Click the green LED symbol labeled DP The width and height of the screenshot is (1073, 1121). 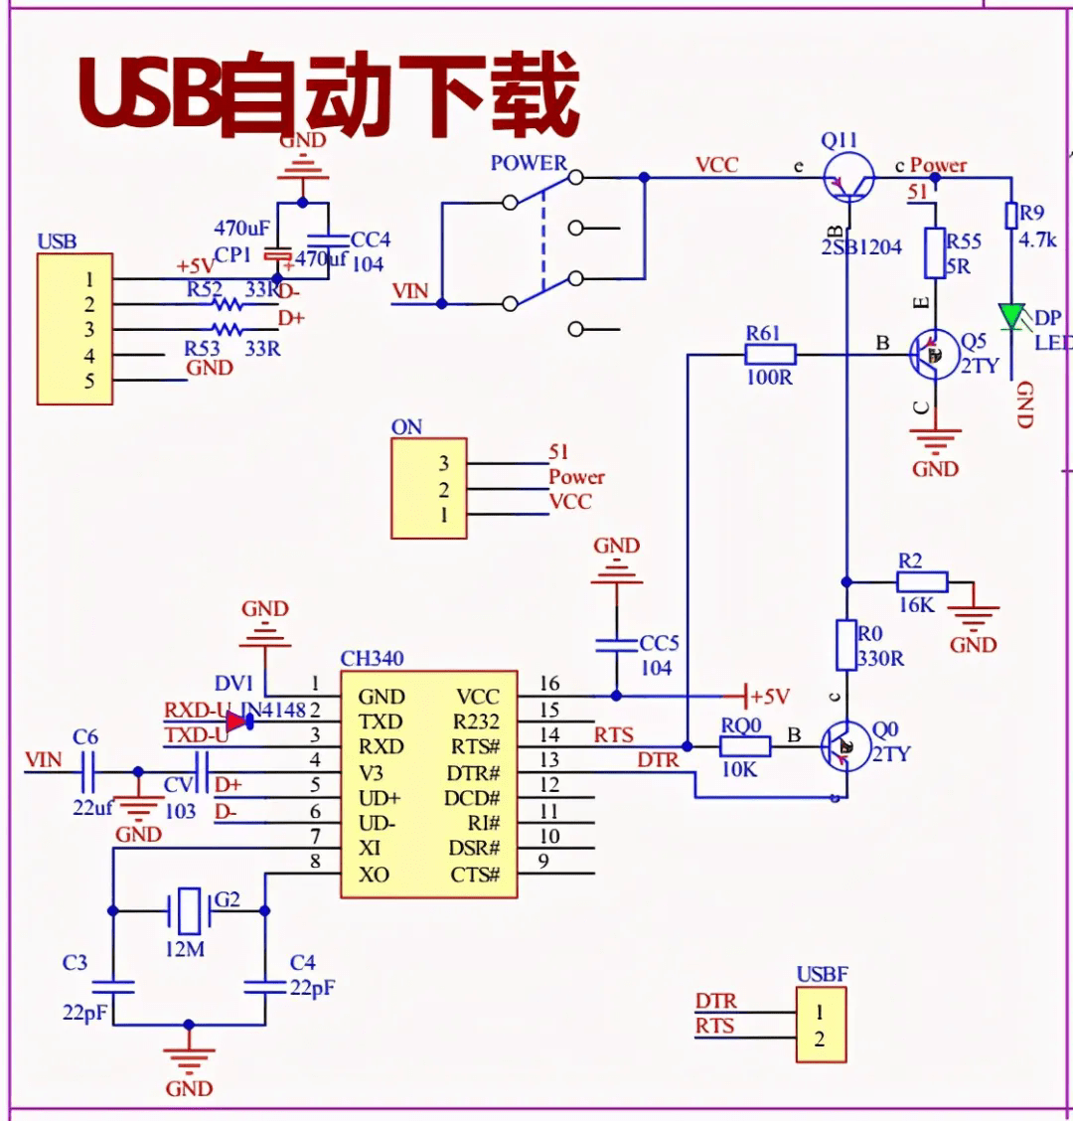click(x=1012, y=317)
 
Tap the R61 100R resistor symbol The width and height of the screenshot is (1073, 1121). click(x=770, y=354)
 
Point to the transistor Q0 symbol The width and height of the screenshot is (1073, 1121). click(x=845, y=745)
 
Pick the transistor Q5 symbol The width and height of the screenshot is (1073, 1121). click(x=935, y=354)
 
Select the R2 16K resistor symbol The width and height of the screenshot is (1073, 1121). click(x=923, y=581)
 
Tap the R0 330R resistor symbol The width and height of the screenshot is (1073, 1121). click(x=845, y=645)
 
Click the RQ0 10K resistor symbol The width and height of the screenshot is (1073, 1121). click(x=744, y=746)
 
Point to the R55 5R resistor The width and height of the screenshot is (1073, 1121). click(x=934, y=252)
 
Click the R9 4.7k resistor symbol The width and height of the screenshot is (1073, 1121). click(x=1011, y=216)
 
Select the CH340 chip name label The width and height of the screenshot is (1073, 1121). click(x=372, y=658)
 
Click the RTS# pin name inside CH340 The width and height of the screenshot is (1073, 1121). click(x=475, y=747)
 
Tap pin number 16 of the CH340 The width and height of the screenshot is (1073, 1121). click(x=549, y=684)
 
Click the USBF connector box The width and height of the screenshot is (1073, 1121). click(x=821, y=1025)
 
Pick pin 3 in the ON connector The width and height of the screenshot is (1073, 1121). click(x=443, y=463)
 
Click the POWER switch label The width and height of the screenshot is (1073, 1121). click(x=529, y=163)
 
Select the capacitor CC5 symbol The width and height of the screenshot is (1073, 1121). click(x=616, y=645)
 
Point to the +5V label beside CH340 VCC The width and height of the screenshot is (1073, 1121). click(x=770, y=697)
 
